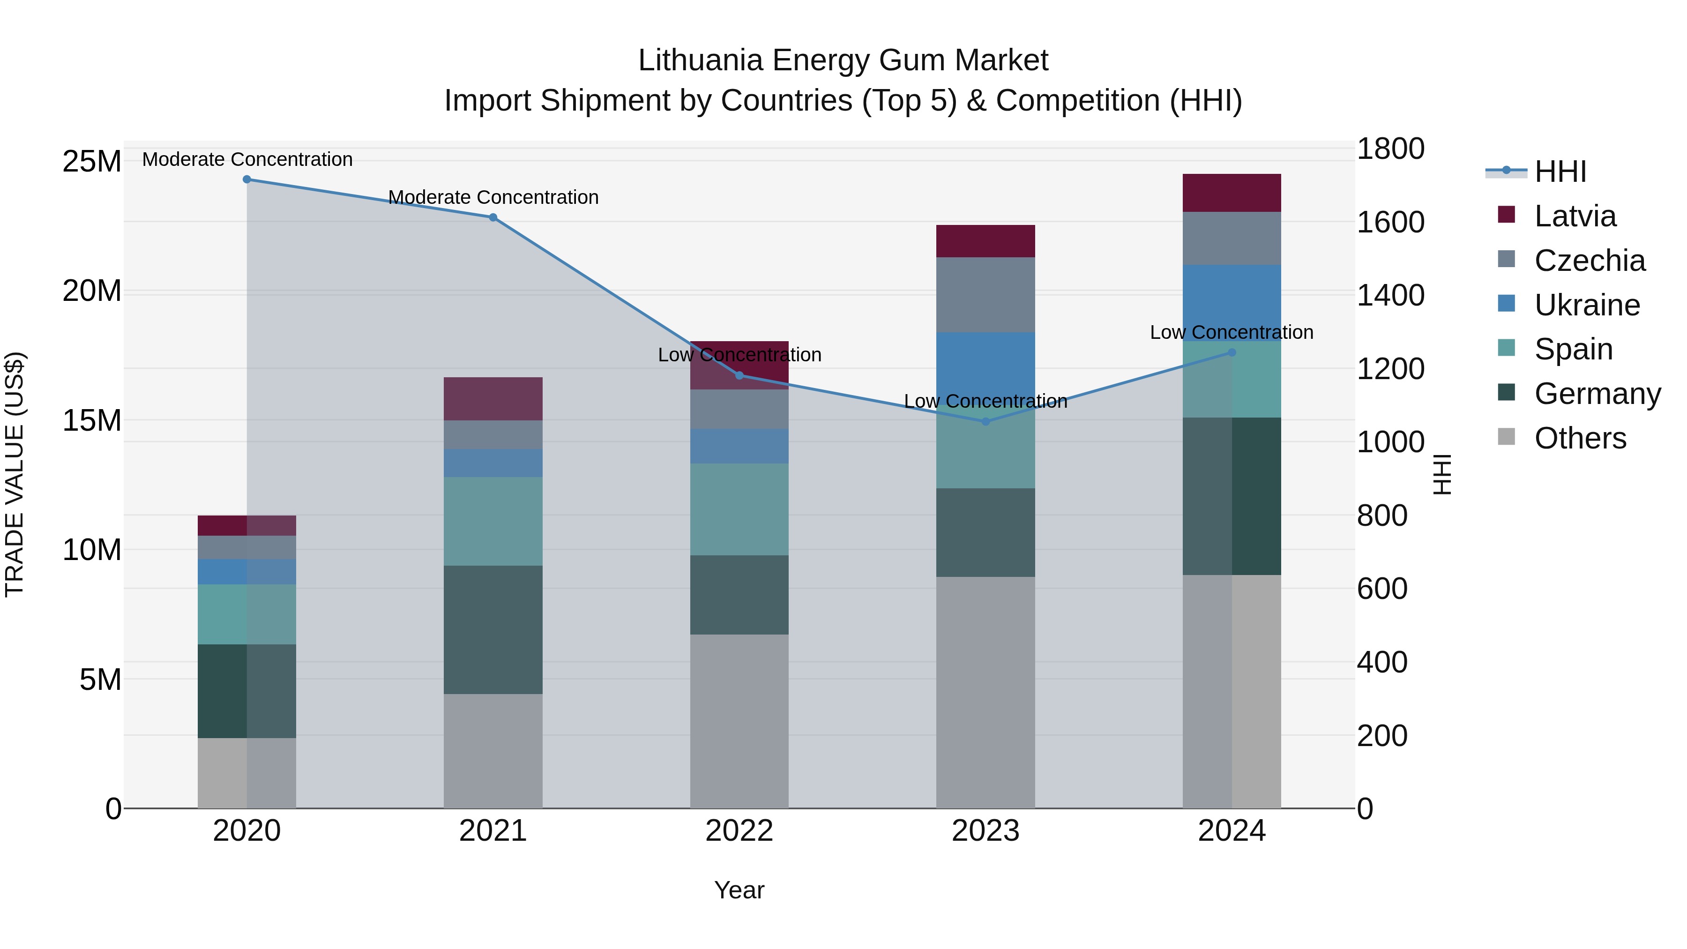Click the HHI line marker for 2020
[x=247, y=179]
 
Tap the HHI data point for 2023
[x=985, y=422]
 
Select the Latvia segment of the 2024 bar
[x=1231, y=193]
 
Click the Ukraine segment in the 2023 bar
[x=985, y=367]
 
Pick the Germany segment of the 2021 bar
[x=493, y=629]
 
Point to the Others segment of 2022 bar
[x=739, y=720]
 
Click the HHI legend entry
[x=1560, y=172]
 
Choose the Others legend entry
[x=1580, y=438]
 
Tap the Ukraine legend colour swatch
[x=1506, y=304]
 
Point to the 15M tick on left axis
[x=92, y=420]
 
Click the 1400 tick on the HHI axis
[x=1390, y=295]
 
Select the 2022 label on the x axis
[x=739, y=831]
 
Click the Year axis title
[x=739, y=890]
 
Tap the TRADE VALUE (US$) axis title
[x=15, y=474]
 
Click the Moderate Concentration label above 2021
[x=493, y=197]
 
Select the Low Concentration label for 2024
[x=1231, y=332]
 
